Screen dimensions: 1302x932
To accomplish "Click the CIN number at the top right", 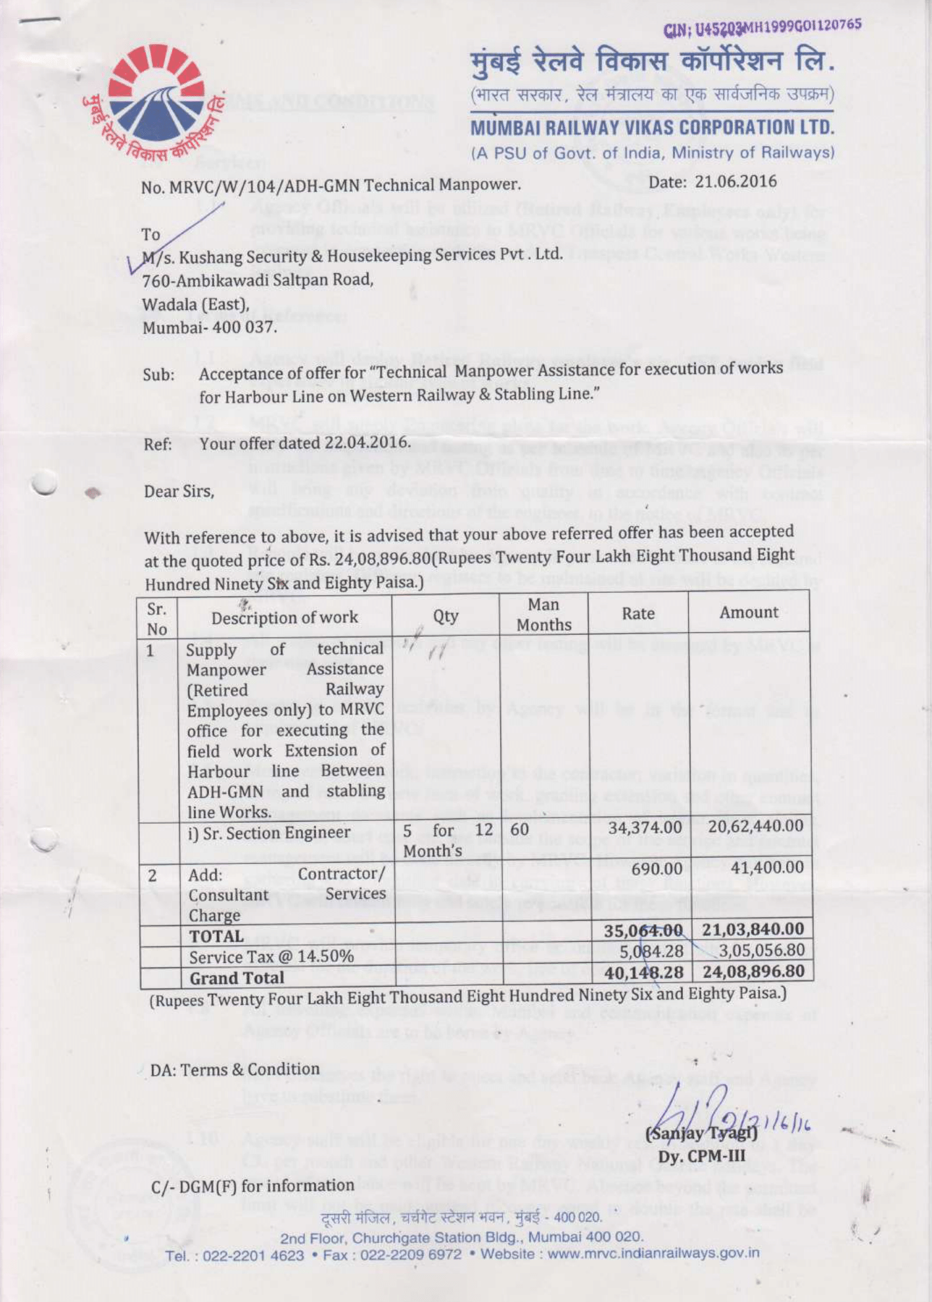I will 762,27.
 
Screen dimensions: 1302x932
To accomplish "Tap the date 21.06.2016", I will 735,181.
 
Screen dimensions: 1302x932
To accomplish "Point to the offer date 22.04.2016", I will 367,442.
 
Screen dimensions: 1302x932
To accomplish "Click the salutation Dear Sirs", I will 179,492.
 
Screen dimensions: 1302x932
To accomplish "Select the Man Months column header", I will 544,615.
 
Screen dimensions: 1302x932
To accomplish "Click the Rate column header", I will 638,613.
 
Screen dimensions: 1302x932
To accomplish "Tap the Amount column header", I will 749,612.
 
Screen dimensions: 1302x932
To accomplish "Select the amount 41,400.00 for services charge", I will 767,868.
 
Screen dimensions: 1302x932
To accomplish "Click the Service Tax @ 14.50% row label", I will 271,957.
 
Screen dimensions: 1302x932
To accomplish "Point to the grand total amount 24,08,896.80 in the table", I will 753,971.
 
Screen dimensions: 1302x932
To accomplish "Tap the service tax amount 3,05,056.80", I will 761,950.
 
